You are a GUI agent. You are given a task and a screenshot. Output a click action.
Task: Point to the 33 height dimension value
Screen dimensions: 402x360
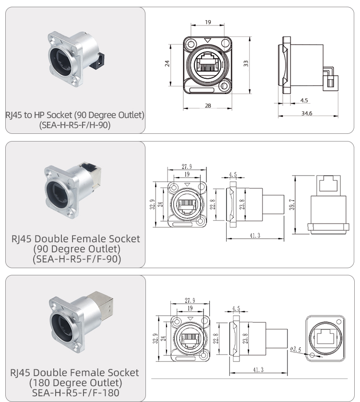pos(246,64)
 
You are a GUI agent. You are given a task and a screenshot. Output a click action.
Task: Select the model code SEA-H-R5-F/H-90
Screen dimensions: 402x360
pos(75,126)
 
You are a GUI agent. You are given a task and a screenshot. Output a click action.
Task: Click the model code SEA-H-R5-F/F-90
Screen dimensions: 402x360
pos(76,259)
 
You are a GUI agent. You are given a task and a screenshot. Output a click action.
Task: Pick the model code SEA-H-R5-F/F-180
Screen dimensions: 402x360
pos(75,393)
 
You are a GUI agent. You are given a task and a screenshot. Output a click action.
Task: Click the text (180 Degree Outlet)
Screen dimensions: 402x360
pos(75,383)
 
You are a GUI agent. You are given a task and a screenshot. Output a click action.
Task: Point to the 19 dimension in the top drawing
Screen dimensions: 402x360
pos(207,22)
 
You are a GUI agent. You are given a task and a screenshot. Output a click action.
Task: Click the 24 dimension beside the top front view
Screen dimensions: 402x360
pos(168,64)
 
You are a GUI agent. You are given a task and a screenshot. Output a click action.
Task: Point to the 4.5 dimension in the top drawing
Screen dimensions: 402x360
pos(303,100)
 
